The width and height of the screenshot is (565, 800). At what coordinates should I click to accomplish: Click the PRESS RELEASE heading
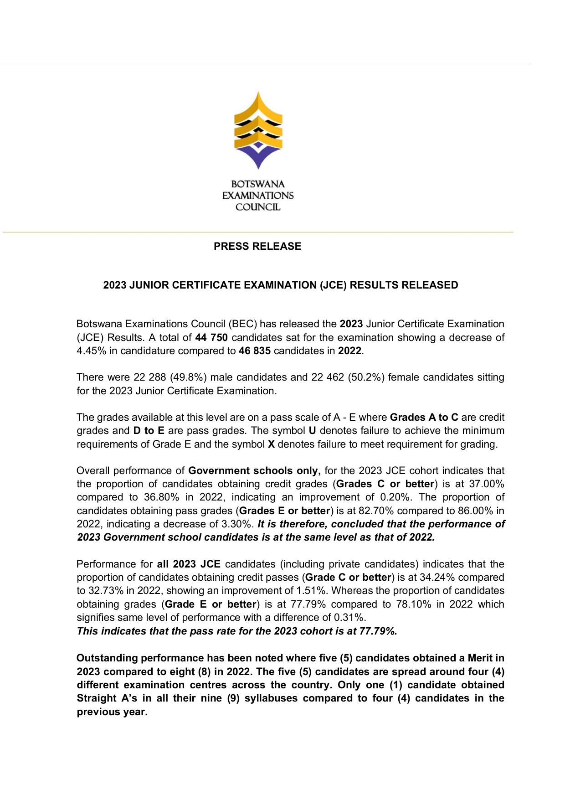[257, 247]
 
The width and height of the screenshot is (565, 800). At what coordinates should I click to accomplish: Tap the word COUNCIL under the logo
[257, 207]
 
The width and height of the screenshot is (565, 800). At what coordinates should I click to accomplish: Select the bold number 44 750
[211, 338]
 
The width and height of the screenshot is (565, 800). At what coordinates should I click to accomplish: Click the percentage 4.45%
[90, 351]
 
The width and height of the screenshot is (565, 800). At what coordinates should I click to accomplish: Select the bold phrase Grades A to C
[424, 418]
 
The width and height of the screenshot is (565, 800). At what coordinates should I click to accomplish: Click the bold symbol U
[312, 431]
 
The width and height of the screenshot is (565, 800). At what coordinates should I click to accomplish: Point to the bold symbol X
[271, 444]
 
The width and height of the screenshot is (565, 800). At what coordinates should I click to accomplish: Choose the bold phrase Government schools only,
[255, 471]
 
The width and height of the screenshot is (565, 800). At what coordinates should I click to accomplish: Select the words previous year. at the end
[112, 712]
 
